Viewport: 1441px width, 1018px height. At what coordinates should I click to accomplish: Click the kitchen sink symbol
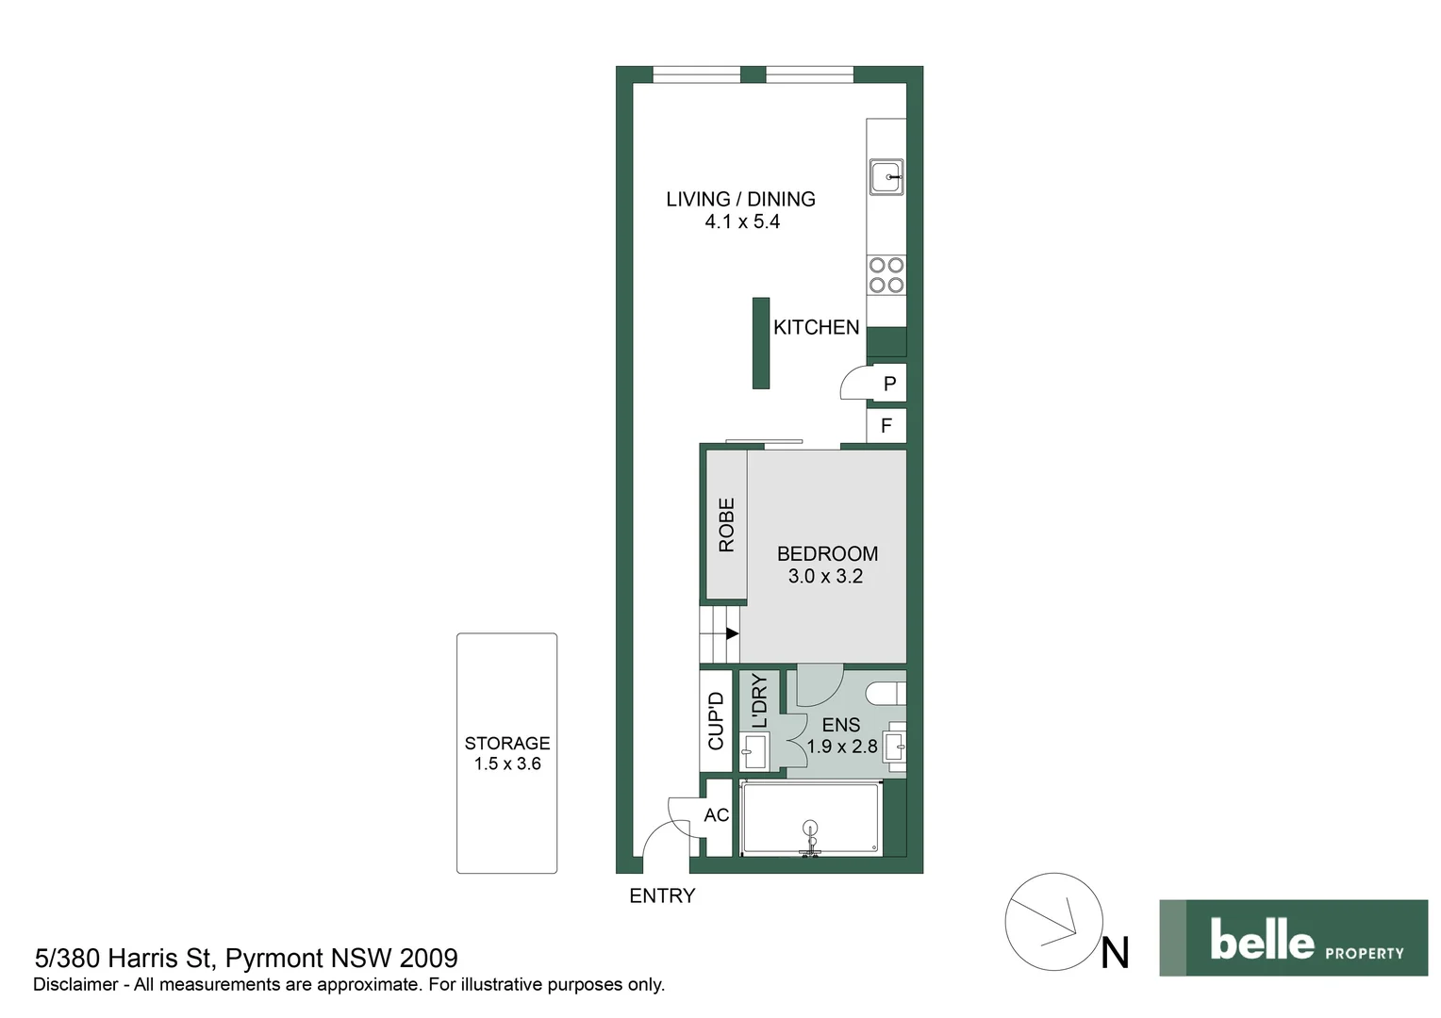[x=886, y=177]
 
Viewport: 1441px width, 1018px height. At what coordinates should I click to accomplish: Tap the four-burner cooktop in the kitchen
[x=886, y=274]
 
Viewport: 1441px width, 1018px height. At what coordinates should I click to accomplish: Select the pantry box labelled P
[x=888, y=384]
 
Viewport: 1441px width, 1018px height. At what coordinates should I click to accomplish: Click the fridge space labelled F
[x=886, y=426]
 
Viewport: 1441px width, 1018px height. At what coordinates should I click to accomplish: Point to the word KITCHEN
[x=816, y=327]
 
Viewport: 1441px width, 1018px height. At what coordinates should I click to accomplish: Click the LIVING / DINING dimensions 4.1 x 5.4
[x=742, y=222]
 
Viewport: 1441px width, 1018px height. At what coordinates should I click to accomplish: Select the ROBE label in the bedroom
[x=726, y=525]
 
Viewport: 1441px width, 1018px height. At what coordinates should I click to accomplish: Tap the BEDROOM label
[x=827, y=553]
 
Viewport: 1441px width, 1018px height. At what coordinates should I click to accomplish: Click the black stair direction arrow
[x=732, y=633]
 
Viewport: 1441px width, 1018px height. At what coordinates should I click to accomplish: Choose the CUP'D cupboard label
[x=716, y=721]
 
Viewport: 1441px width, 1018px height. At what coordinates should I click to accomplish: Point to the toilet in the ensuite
[x=886, y=694]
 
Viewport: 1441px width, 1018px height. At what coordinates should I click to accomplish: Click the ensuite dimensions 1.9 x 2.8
[x=841, y=747]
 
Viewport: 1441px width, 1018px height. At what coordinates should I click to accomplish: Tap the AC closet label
[x=716, y=815]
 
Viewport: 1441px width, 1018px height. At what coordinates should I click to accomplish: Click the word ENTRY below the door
[x=662, y=896]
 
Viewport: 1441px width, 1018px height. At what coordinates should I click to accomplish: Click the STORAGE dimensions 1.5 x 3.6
[x=507, y=764]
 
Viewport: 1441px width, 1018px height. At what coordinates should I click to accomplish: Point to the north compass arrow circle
[x=1053, y=922]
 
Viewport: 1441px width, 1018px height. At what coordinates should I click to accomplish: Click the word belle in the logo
[x=1261, y=940]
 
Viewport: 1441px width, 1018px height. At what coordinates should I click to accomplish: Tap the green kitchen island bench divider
[x=761, y=343]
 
